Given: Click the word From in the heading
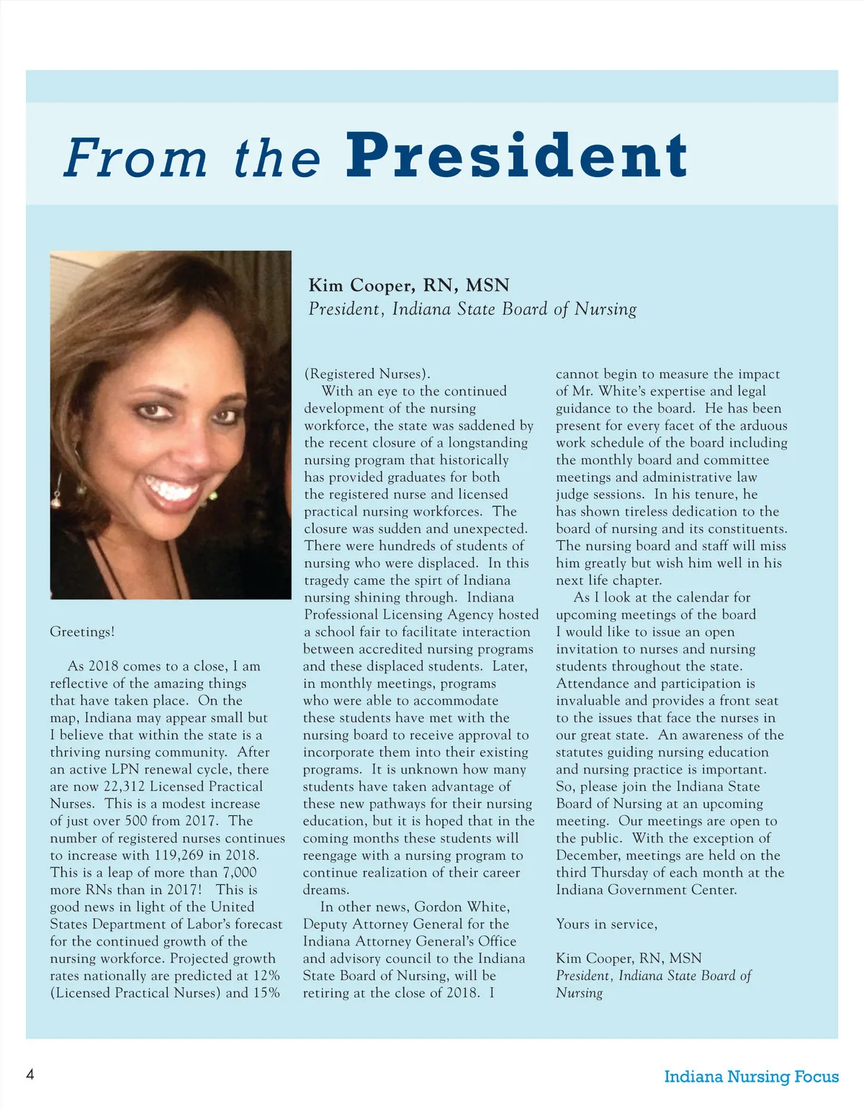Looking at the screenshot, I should tap(135, 158).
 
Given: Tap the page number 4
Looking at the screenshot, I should tap(30, 1075).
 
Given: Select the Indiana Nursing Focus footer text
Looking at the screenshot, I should tap(751, 1077).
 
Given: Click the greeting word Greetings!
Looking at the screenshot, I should tap(82, 632).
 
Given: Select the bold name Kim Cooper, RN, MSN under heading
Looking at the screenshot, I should tap(408, 285).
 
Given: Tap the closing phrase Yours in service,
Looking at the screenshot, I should tap(606, 924).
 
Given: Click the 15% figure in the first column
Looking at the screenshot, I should tap(266, 993).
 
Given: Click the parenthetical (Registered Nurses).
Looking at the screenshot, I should tap(366, 374).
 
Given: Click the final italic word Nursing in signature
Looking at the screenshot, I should tap(579, 993).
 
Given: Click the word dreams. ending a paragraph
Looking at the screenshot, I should tap(325, 890).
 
